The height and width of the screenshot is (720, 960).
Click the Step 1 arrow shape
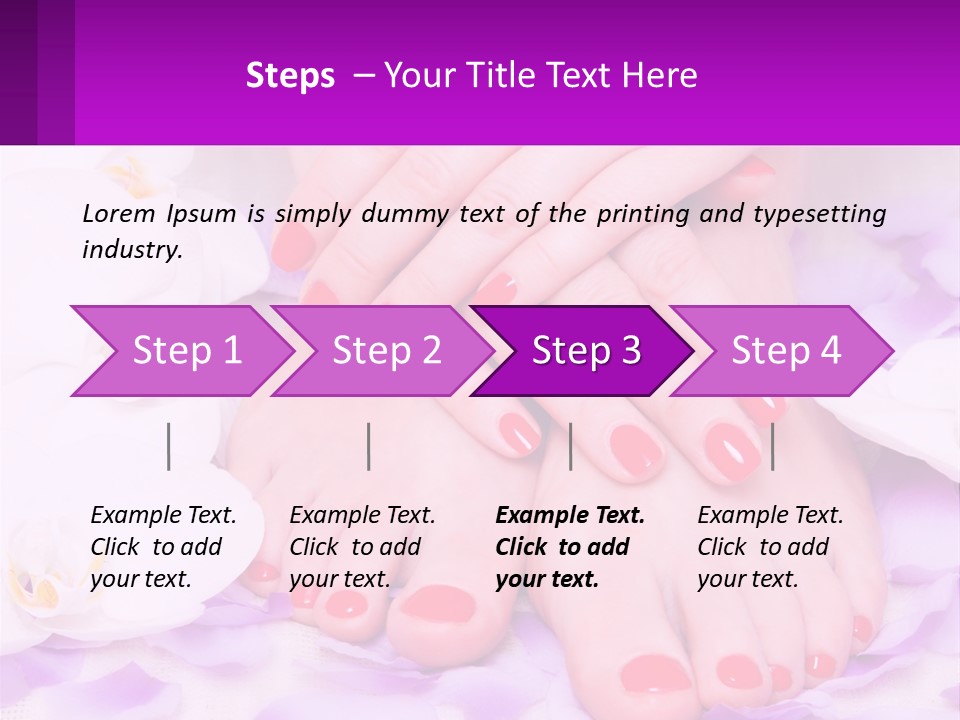click(187, 351)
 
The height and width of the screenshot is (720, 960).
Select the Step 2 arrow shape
click(387, 351)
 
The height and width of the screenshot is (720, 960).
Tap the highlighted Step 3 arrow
click(586, 351)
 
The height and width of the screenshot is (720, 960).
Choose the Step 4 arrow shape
click(786, 351)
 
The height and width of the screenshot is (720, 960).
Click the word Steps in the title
click(290, 76)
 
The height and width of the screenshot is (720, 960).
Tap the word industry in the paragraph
click(131, 250)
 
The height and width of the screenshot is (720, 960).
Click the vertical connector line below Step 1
click(169, 446)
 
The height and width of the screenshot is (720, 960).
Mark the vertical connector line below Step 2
click(369, 446)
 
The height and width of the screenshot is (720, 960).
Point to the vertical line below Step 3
click(570, 446)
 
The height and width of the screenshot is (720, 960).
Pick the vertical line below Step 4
click(773, 446)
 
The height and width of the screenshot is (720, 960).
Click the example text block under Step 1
click(163, 547)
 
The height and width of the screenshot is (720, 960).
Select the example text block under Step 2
click(362, 547)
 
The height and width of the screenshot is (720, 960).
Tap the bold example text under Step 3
click(570, 547)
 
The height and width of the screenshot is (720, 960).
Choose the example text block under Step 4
click(770, 547)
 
